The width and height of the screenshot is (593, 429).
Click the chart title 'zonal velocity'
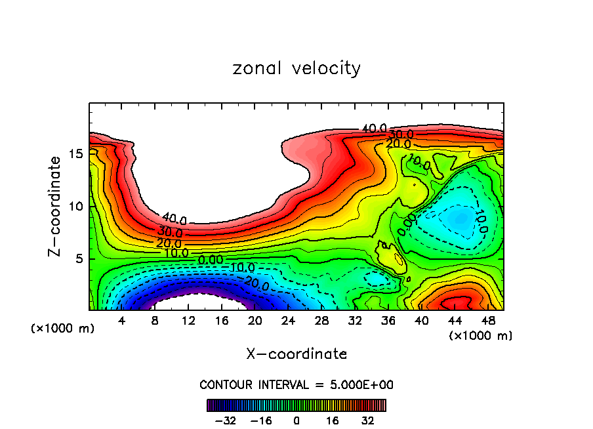click(296, 68)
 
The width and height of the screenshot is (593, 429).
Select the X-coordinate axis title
click(296, 354)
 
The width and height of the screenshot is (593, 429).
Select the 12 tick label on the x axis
click(188, 321)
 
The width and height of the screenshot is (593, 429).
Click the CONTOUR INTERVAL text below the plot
click(296, 384)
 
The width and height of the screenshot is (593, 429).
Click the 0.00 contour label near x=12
click(211, 260)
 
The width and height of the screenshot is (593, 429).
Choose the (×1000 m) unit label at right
click(481, 336)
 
